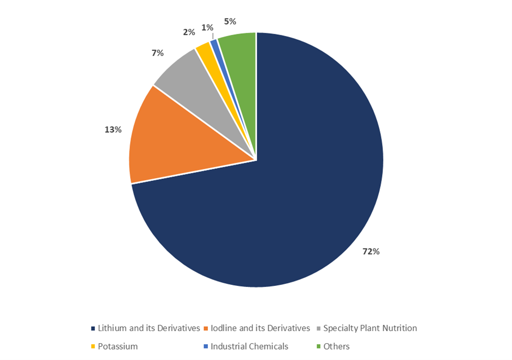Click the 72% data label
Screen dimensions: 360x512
(x=371, y=252)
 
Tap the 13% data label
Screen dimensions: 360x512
(x=113, y=130)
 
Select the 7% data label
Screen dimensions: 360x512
(x=158, y=53)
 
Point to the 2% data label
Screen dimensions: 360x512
(x=189, y=32)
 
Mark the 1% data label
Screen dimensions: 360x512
(x=207, y=27)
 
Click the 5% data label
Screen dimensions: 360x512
(x=230, y=21)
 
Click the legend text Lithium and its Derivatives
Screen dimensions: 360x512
(x=149, y=328)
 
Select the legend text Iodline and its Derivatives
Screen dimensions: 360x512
(x=260, y=328)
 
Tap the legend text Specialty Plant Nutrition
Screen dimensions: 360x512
(x=370, y=328)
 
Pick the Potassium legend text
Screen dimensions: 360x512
(x=118, y=346)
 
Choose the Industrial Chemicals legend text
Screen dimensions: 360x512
(x=249, y=346)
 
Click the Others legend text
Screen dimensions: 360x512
(x=336, y=346)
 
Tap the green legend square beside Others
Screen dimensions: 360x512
(x=318, y=347)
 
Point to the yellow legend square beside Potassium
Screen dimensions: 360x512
(x=93, y=347)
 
